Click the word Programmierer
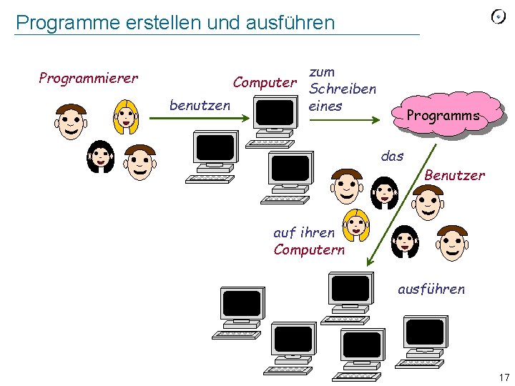[88, 78]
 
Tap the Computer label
[265, 83]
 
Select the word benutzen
[200, 106]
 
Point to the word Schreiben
[342, 89]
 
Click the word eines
[325, 106]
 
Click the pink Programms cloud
[443, 115]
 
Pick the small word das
[392, 156]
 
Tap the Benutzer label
[454, 175]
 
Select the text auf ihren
[303, 232]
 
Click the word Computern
[308, 249]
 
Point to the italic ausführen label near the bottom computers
[431, 289]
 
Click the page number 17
[504, 377]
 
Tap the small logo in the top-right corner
[499, 17]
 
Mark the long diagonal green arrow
[399, 207]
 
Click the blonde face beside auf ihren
[355, 226]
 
